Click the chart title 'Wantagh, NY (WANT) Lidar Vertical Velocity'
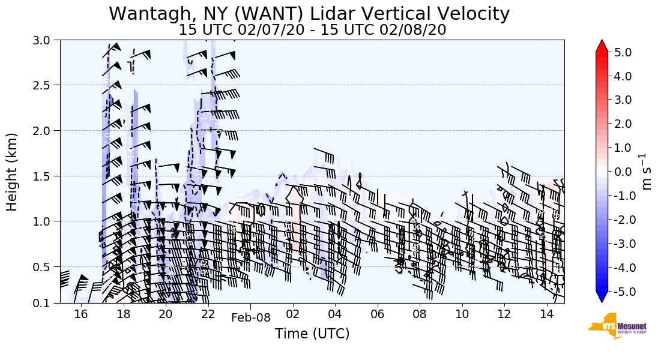[309, 13]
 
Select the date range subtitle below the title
[312, 29]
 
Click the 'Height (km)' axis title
[12, 172]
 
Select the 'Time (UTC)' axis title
[312, 334]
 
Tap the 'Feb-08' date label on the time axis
[251, 318]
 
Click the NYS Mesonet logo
[609, 326]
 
